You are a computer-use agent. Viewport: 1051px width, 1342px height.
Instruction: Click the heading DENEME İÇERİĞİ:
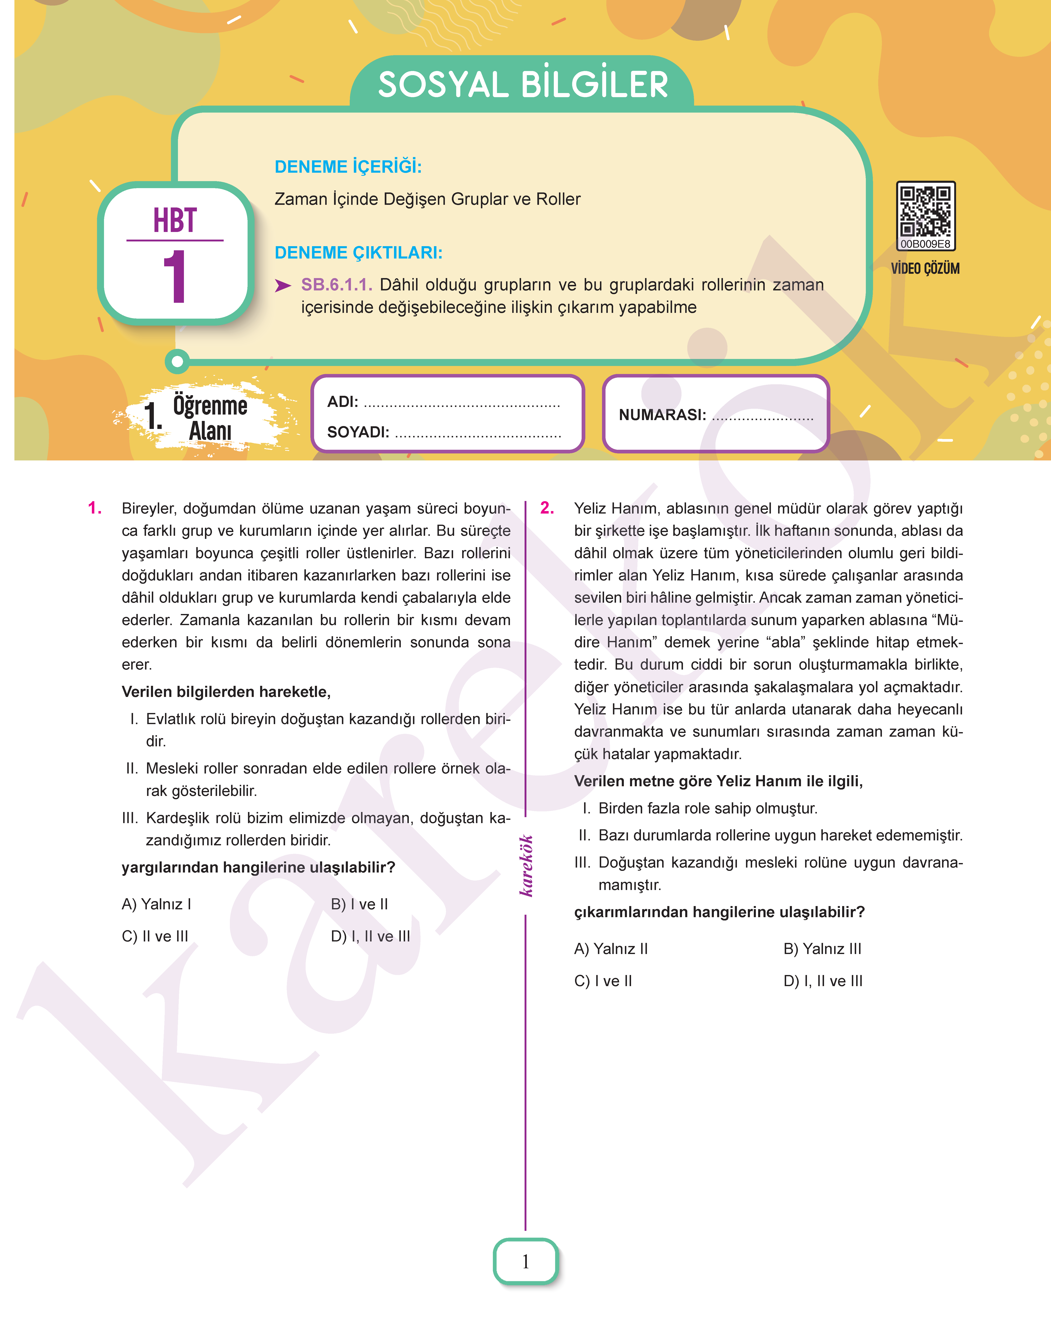tap(348, 167)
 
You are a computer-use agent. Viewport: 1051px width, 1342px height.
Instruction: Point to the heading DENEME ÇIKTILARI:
tap(358, 253)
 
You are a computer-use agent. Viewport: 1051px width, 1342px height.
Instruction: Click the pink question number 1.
tap(95, 508)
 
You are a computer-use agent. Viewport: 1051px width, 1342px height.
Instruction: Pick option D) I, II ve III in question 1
tap(371, 936)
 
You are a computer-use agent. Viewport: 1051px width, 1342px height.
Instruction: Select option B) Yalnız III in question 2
tap(822, 949)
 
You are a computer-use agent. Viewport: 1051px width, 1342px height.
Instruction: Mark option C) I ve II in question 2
tap(603, 981)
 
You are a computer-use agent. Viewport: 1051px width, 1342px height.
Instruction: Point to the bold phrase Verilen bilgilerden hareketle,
tap(226, 692)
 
